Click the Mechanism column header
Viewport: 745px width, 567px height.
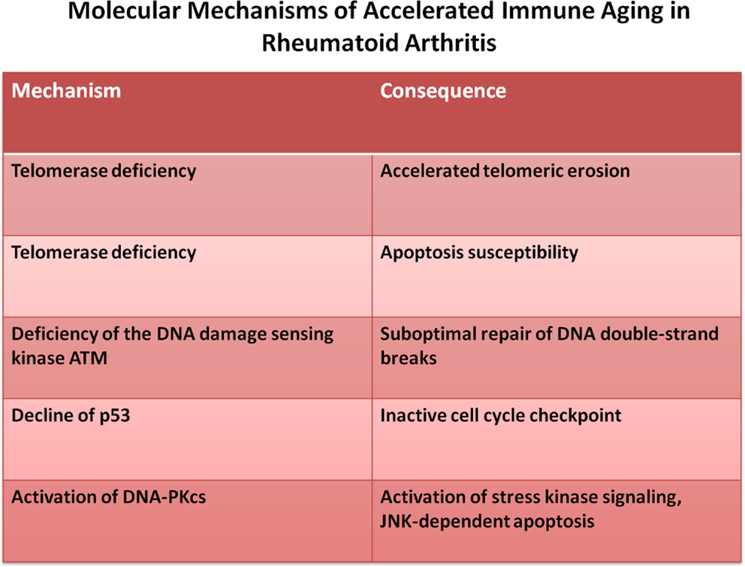tap(66, 91)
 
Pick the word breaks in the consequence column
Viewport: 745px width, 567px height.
tap(408, 358)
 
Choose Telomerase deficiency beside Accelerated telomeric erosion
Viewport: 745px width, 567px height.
tap(104, 171)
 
